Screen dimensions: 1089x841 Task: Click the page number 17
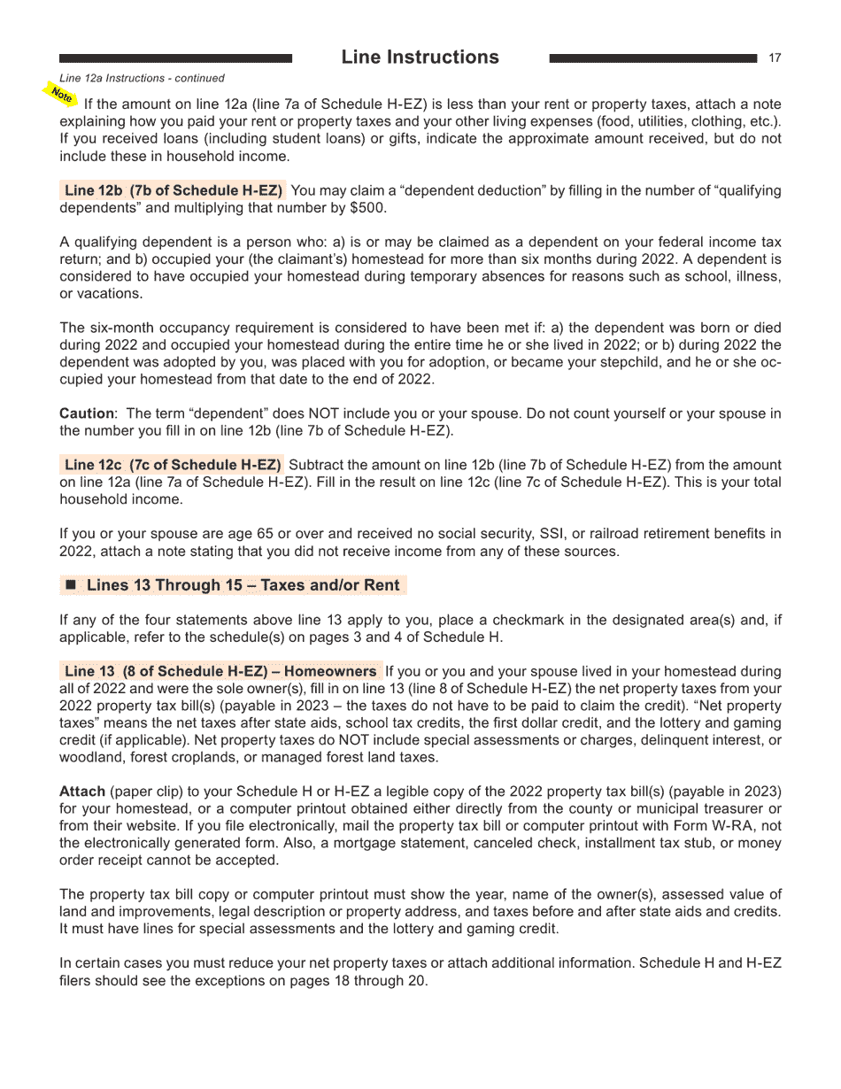tap(775, 58)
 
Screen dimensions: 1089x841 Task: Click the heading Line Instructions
tap(420, 58)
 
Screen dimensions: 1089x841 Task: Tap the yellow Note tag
tap(61, 94)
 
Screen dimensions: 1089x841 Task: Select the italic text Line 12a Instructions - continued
tap(142, 79)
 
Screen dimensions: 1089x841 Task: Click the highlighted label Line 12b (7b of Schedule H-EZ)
tap(174, 191)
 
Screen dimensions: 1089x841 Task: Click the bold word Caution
tap(86, 413)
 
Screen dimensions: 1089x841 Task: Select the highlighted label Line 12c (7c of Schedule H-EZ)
tap(174, 465)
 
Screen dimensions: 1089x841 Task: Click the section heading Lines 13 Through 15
tap(243, 585)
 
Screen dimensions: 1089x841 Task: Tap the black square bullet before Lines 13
tap(71, 585)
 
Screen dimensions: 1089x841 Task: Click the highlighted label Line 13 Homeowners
tap(220, 671)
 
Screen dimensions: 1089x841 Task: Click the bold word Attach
tap(81, 791)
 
